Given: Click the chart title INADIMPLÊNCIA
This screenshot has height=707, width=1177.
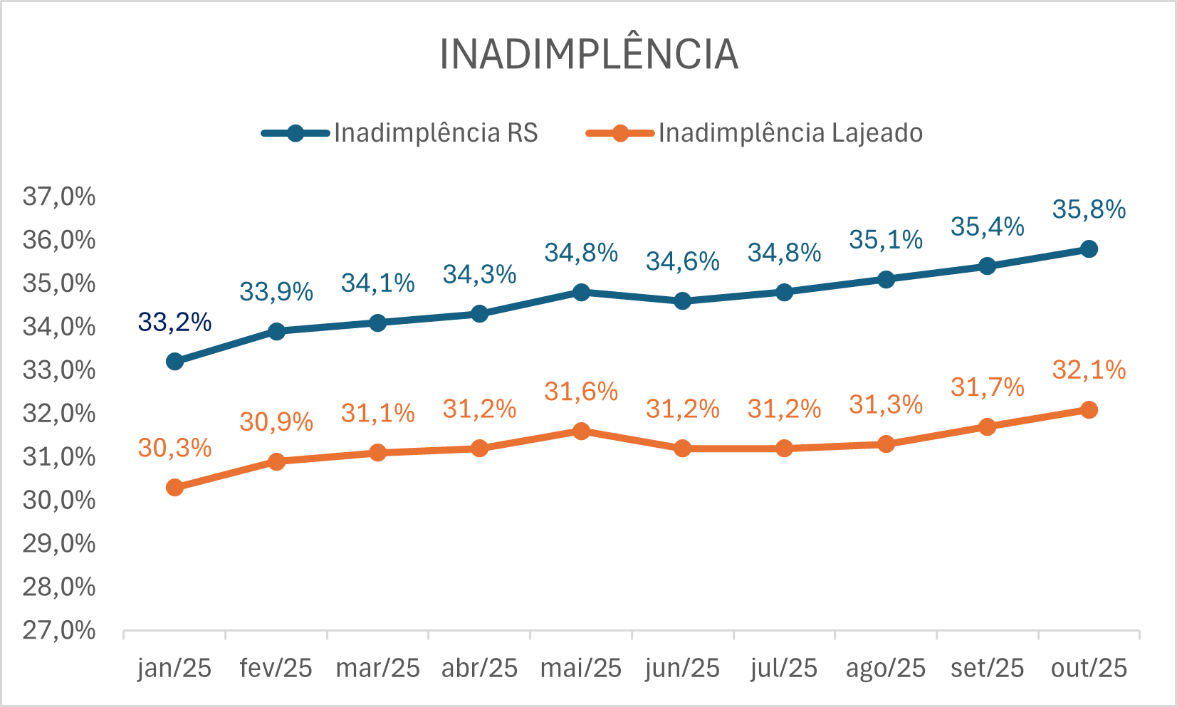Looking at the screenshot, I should [x=589, y=54].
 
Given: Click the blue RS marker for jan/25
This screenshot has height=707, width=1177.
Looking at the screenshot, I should [x=174, y=362].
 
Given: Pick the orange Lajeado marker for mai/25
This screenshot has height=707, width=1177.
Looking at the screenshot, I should [x=581, y=431].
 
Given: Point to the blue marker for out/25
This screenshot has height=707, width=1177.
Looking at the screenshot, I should [x=1089, y=249].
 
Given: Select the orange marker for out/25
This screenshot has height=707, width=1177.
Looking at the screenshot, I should [x=1089, y=410].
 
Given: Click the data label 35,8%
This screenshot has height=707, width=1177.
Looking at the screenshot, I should [x=1089, y=209].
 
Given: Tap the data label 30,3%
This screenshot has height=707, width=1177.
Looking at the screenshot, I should [x=174, y=448].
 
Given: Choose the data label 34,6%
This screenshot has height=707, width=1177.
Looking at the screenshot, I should [x=682, y=261].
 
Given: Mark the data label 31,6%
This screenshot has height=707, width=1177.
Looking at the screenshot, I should [x=581, y=391].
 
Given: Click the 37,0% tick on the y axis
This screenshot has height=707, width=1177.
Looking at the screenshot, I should [x=59, y=197].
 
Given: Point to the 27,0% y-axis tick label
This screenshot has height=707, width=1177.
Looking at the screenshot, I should [x=59, y=630].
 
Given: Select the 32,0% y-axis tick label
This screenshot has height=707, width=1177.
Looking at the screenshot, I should [x=59, y=413].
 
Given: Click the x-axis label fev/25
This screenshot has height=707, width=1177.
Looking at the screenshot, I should [x=276, y=668].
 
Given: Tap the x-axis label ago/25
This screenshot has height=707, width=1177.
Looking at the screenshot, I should [x=885, y=668].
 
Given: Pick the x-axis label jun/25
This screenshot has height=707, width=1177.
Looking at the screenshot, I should [x=682, y=668].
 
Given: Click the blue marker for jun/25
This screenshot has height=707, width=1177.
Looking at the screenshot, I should [x=682, y=301].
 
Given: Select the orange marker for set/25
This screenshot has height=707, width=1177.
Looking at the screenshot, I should [x=987, y=427].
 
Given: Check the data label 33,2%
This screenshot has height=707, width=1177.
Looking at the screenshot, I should [x=174, y=322].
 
